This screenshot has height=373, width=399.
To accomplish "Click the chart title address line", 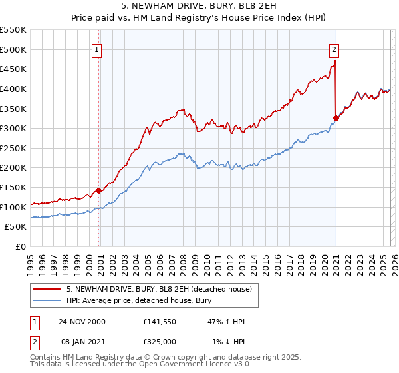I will tap(199, 7).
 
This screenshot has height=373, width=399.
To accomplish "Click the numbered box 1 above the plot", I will tap(97, 49).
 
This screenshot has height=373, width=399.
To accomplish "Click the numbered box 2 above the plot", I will tap(333, 49).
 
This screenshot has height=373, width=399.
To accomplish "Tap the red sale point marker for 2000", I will tap(99, 190).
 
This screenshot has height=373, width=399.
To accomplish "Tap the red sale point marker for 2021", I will tap(336, 119).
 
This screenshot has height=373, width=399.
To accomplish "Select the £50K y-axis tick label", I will tap(15, 227).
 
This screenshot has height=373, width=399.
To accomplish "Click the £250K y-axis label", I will tap(13, 148).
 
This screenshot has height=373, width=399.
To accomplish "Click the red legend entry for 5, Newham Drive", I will tap(159, 289).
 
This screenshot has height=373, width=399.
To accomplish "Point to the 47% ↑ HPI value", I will tap(226, 322).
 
